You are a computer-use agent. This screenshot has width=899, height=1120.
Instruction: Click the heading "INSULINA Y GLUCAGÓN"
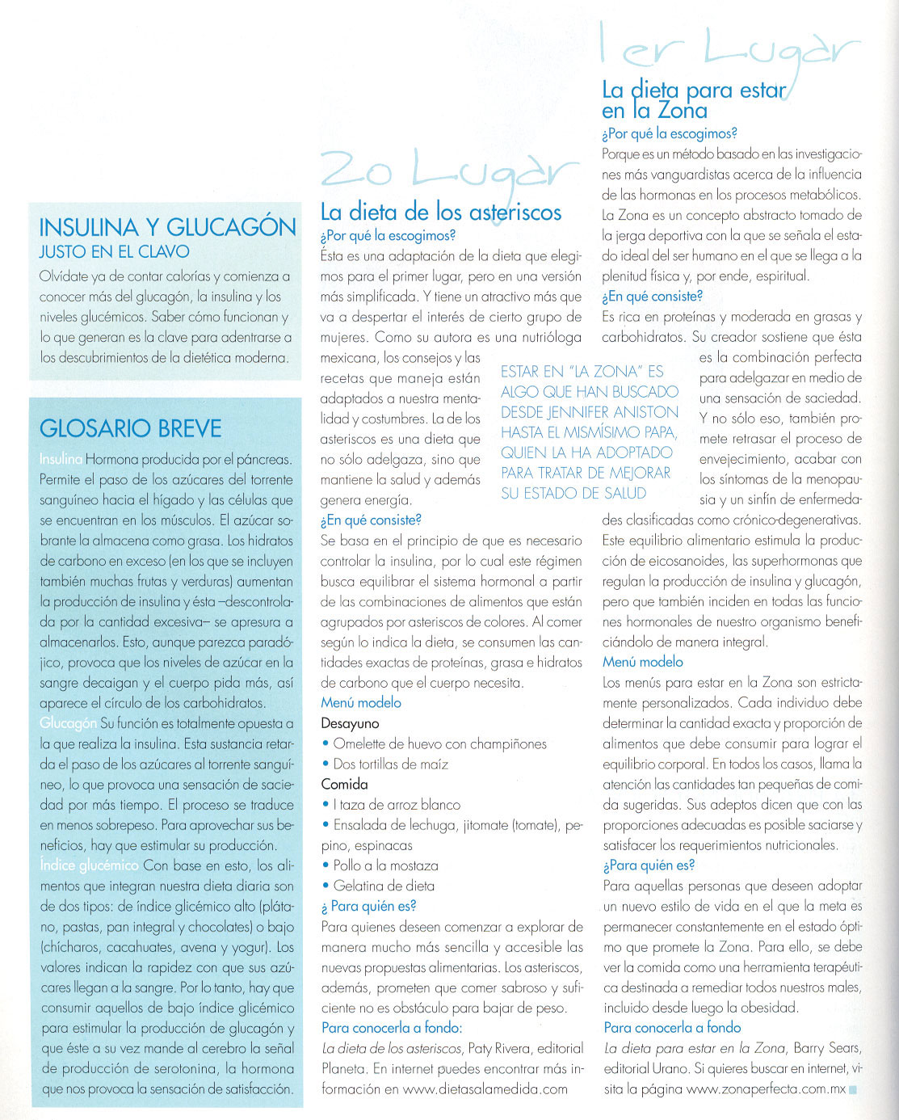pos(167,227)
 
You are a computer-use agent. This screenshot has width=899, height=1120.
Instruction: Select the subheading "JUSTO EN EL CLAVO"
pos(114,252)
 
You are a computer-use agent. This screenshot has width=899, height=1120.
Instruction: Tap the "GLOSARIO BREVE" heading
pos(130,427)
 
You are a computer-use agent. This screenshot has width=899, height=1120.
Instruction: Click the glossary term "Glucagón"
pos(68,723)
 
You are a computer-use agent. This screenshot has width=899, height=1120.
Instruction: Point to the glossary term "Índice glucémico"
pos(89,865)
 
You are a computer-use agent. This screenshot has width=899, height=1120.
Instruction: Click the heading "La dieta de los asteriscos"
pos(440,213)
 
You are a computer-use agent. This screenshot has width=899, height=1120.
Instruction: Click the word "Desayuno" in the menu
pos(350,723)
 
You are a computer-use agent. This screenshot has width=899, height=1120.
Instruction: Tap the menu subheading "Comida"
pos(344,784)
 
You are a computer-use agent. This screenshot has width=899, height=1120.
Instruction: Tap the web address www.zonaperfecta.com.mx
pos(765,1088)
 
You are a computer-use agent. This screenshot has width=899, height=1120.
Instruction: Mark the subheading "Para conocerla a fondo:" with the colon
pos(391,1028)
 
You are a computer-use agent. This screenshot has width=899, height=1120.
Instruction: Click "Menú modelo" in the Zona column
pos(643,662)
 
